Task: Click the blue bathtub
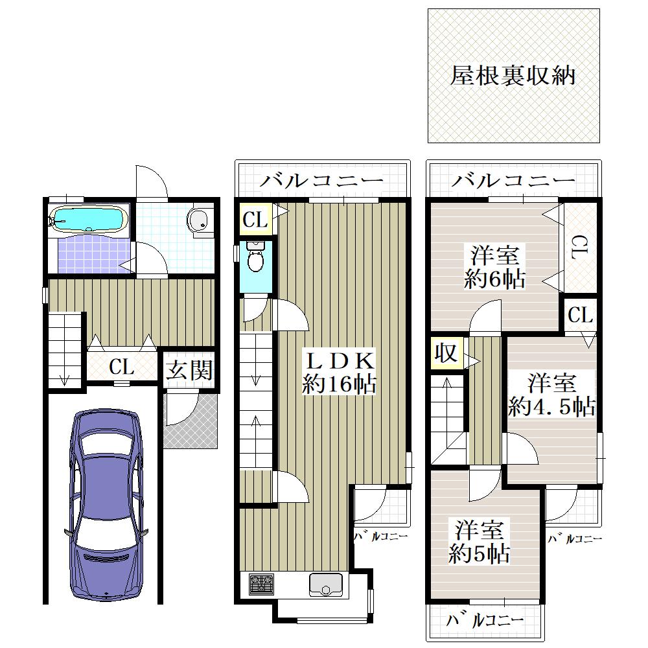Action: point(87,219)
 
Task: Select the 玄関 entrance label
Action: point(189,370)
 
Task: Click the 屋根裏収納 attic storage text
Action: point(513,76)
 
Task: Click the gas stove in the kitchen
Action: point(261,584)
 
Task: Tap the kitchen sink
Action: point(326,585)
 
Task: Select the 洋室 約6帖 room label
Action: point(494,267)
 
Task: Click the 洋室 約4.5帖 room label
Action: point(551,395)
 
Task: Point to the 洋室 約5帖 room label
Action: point(479,542)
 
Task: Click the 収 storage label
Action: point(446,353)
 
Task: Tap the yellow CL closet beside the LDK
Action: point(255,219)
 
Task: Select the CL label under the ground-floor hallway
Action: point(122,367)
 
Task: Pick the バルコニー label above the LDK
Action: point(322,181)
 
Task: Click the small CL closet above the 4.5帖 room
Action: point(580,316)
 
